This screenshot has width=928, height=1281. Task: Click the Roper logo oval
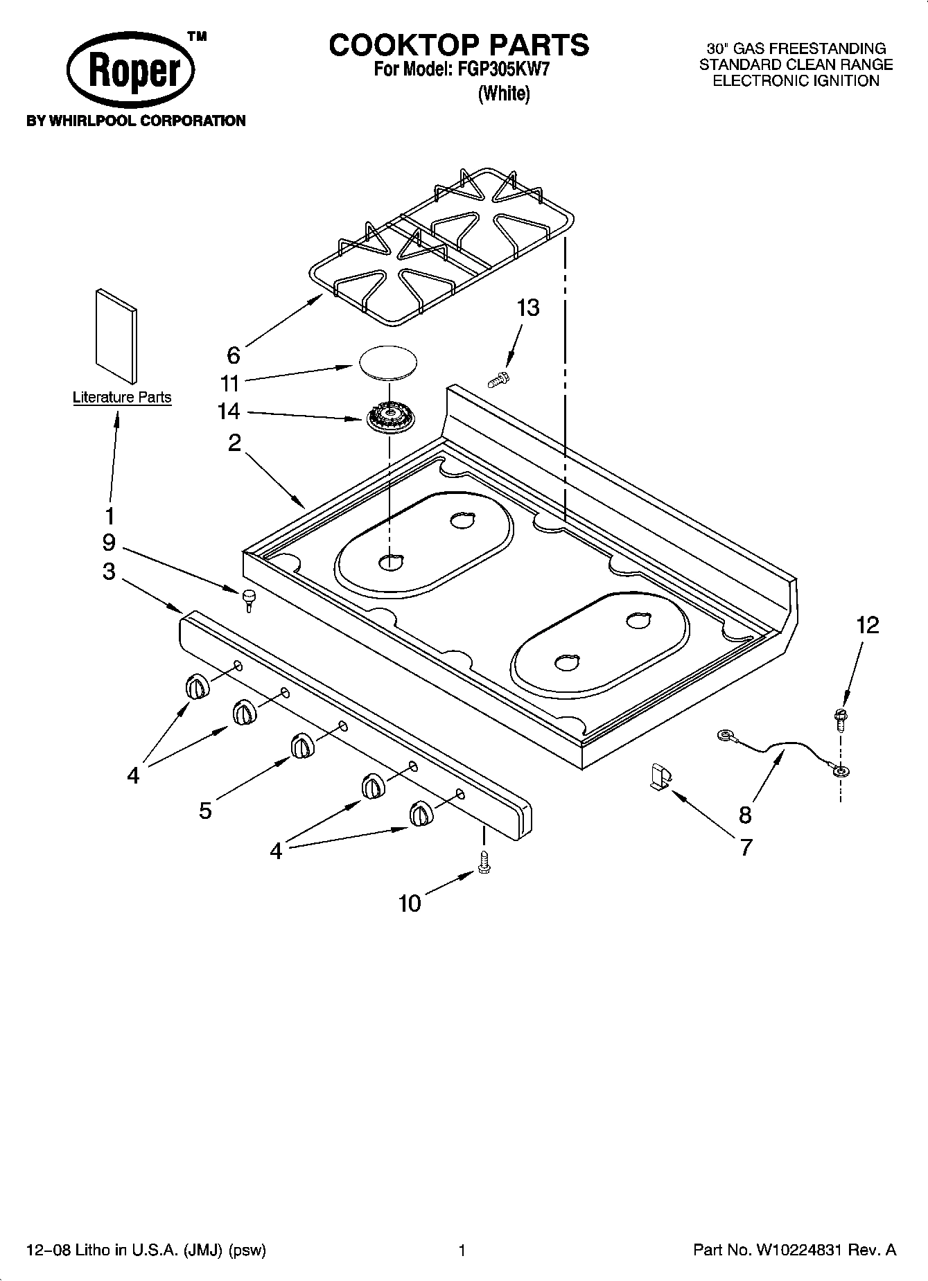(x=130, y=71)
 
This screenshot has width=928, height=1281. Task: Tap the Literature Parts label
(x=122, y=398)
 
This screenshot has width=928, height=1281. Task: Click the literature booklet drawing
(x=116, y=336)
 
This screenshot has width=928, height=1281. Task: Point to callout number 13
(x=528, y=308)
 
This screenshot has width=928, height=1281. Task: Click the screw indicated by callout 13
(x=498, y=379)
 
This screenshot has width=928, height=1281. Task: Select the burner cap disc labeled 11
(x=389, y=362)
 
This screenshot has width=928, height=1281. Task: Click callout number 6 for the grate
(x=234, y=355)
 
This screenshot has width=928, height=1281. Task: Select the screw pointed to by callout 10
(x=484, y=863)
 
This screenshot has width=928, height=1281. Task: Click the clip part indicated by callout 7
(x=660, y=776)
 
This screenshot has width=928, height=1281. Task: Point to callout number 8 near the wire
(x=745, y=815)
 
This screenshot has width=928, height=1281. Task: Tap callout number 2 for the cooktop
(x=234, y=442)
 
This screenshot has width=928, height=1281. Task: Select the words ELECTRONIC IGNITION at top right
(x=796, y=81)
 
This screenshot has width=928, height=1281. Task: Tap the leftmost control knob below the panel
(x=197, y=687)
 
